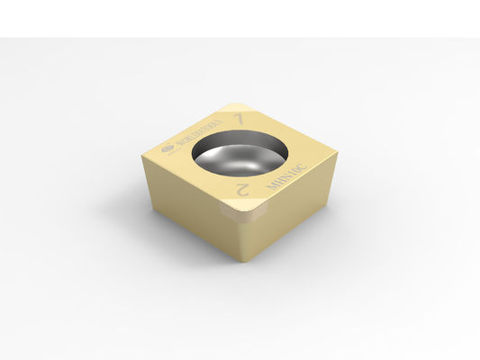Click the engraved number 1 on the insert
coord(239,119)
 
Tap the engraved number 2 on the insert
coord(241,188)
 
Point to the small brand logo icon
coord(167,150)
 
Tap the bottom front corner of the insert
coord(237,261)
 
